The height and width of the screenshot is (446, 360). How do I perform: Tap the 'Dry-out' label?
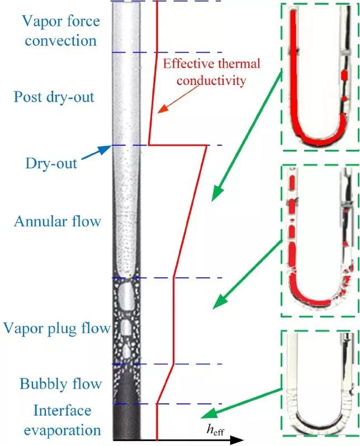[51, 164]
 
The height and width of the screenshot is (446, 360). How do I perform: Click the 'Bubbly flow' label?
[61, 384]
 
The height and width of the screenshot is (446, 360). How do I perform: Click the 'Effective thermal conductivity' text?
[204, 72]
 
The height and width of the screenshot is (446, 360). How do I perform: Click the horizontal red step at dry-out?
[177, 145]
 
